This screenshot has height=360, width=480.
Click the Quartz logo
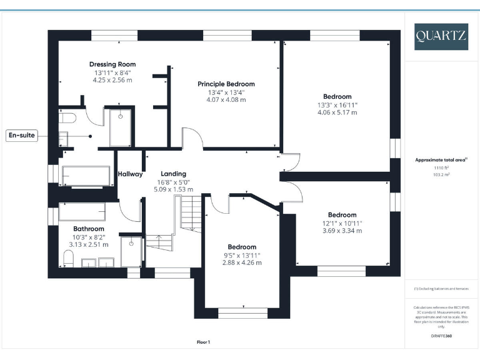click(441, 36)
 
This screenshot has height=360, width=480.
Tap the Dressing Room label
click(112, 64)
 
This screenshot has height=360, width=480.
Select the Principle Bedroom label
click(226, 84)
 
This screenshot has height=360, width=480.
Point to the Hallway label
click(130, 174)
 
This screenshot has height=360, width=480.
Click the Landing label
click(173, 174)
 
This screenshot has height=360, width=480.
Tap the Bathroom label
click(88, 229)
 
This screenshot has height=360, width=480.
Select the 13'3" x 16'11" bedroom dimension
click(337, 105)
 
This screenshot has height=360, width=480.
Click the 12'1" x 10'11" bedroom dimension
click(342, 223)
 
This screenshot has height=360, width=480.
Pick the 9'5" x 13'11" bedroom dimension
click(242, 255)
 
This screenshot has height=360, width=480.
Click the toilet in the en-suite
click(66, 117)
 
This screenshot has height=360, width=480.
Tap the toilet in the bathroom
click(68, 257)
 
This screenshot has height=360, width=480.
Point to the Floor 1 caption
click(204, 342)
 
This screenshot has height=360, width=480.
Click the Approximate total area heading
click(441, 160)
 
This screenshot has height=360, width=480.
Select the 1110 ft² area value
click(441, 168)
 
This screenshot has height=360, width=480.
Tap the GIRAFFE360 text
click(441, 336)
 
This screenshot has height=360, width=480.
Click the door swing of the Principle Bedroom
click(192, 139)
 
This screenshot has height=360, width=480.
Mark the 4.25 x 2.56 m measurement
click(112, 80)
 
